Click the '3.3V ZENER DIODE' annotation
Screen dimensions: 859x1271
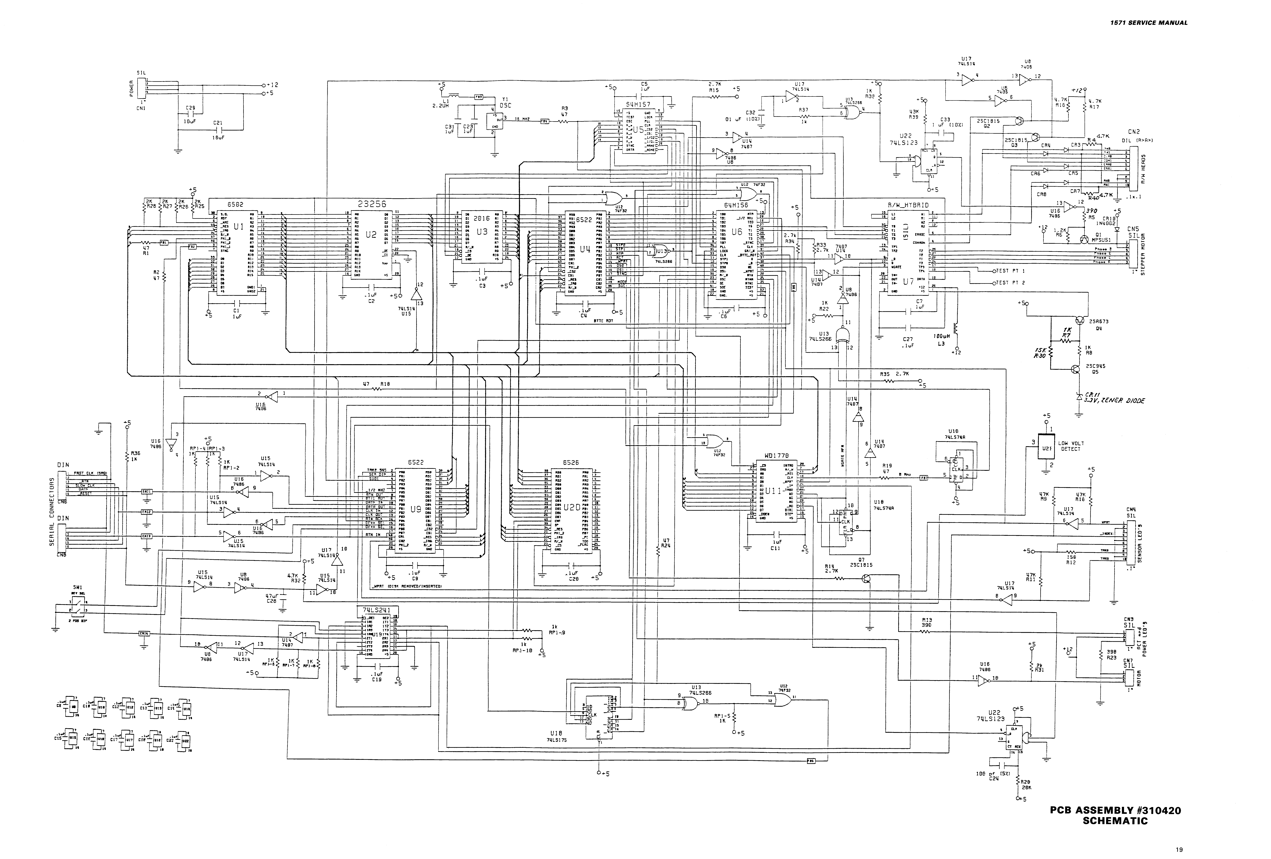point(1115,401)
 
